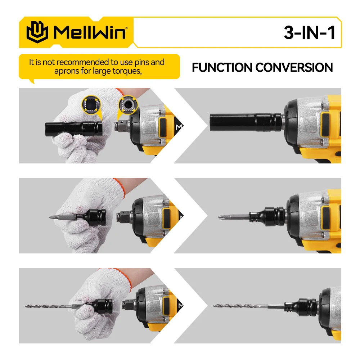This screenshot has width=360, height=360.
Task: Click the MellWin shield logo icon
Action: [x=37, y=32]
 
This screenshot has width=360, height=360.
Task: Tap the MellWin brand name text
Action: [x=90, y=32]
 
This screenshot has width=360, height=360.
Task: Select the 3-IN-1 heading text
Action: [x=310, y=32]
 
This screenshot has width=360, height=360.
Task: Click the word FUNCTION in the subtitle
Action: [x=222, y=68]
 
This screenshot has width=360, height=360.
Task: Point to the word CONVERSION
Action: [x=294, y=68]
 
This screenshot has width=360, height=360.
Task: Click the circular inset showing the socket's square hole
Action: [x=91, y=104]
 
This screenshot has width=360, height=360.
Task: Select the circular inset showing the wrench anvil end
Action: [x=128, y=104]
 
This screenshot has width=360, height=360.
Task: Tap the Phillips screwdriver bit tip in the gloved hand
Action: [x=51, y=217]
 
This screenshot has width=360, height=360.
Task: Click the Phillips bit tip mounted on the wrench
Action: [x=220, y=216]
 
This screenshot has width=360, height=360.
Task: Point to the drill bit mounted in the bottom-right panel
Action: [x=248, y=306]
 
